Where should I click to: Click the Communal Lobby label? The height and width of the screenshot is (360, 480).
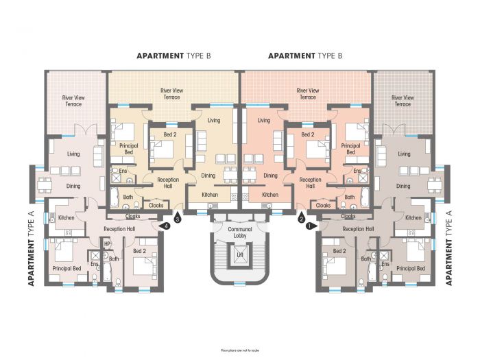[x=240, y=232]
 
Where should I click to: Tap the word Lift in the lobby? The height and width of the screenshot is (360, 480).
[x=240, y=254]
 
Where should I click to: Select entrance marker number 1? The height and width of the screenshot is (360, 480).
[x=309, y=224]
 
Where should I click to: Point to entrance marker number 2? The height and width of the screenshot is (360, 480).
[x=301, y=219]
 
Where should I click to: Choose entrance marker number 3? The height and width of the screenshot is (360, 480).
[x=178, y=219]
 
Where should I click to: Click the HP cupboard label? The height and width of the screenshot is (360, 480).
[x=107, y=243]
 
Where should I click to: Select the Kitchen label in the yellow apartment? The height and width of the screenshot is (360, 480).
[x=209, y=195]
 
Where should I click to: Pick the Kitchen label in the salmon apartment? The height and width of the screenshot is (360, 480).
[x=270, y=195]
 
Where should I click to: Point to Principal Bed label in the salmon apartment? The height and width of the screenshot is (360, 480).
[x=350, y=149]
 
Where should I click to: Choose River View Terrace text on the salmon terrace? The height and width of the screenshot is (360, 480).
[x=307, y=94]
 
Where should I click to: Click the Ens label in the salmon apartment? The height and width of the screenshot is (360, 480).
[x=357, y=171]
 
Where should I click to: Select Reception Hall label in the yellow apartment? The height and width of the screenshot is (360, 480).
[x=168, y=182]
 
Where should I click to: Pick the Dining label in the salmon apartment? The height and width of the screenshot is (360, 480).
[x=270, y=175]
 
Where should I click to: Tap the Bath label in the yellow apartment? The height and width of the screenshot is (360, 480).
[x=128, y=197]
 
